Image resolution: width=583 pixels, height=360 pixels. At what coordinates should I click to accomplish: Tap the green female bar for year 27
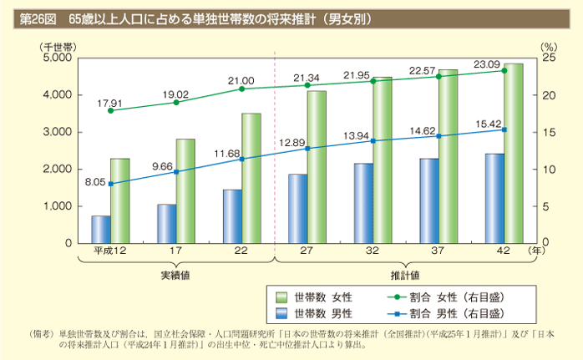click(x=317, y=167)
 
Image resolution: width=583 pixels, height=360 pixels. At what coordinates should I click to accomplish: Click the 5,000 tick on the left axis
click(x=57, y=58)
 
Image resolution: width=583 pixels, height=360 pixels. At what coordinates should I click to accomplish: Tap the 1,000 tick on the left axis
click(x=57, y=206)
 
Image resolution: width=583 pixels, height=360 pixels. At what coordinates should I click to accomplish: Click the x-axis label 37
click(x=439, y=251)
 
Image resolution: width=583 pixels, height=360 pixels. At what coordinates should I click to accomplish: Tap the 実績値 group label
click(x=176, y=275)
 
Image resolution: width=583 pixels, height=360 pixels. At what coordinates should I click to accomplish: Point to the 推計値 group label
click(x=405, y=275)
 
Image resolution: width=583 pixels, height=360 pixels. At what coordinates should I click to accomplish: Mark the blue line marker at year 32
click(x=373, y=140)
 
